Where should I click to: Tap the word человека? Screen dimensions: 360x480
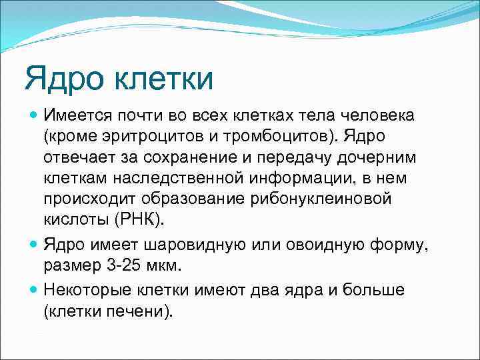coord(380,115)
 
